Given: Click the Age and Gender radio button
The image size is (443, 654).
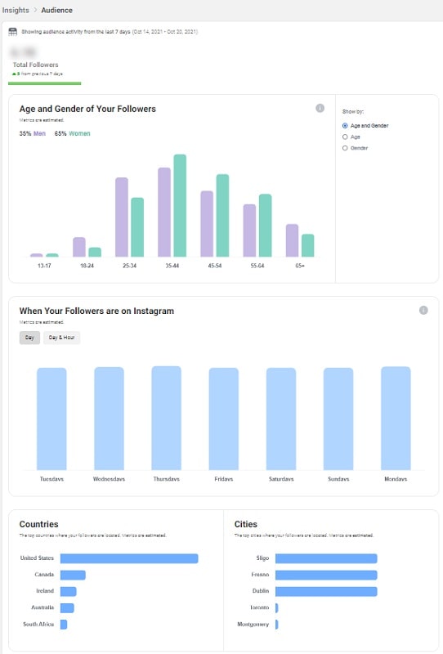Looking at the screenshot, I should click(346, 126).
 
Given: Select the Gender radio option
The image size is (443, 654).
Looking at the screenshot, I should click(346, 148).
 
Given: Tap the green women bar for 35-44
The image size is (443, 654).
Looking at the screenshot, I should click(180, 206).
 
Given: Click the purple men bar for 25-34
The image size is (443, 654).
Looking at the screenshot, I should click(122, 217).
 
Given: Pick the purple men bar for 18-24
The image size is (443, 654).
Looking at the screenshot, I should click(79, 248).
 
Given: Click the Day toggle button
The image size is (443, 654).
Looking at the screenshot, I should click(29, 338).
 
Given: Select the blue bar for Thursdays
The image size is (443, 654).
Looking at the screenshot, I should click(166, 418).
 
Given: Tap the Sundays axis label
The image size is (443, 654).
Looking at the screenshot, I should click(338, 479).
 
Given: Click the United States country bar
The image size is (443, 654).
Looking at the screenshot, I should click(129, 559).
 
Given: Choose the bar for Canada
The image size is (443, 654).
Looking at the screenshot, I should click(73, 575).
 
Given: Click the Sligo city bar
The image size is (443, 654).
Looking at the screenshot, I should click(326, 559).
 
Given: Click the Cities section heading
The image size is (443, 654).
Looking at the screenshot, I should click(246, 524).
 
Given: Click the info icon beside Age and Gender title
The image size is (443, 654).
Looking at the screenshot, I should click(320, 108).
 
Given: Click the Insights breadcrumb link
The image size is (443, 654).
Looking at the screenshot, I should click(16, 10).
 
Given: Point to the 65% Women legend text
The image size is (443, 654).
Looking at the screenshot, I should click(72, 133).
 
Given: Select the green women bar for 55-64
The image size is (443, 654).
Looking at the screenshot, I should click(265, 226).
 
